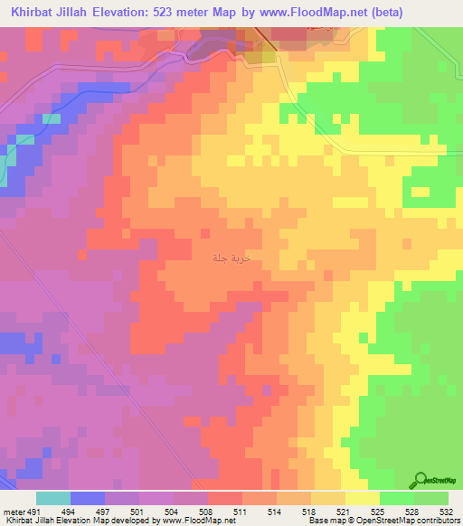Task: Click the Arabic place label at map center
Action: [x=230, y=258]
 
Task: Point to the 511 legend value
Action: [x=240, y=511]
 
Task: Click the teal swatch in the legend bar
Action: [x=52, y=498]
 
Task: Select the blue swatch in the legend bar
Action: [x=87, y=498]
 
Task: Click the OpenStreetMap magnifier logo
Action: [x=420, y=480]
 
